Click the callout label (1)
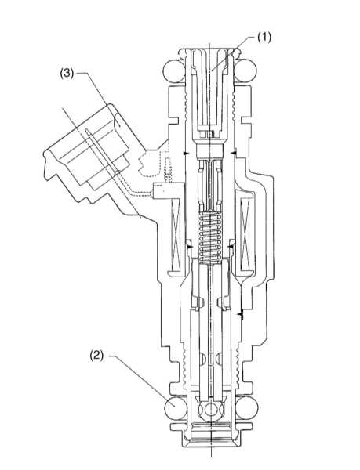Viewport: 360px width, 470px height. tap(264, 38)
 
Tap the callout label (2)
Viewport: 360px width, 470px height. tap(96, 355)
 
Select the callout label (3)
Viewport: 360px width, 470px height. tap(67, 74)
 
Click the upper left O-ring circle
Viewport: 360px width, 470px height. tap(174, 71)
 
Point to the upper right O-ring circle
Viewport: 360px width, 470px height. tap(245, 71)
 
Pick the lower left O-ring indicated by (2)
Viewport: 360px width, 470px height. tap(176, 407)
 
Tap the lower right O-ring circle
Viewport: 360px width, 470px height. tap(246, 407)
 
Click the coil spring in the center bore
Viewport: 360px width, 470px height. tap(210, 237)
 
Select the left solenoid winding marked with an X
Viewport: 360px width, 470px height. tap(176, 234)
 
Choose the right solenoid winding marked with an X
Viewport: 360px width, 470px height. tap(245, 234)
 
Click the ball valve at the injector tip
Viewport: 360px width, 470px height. tap(211, 409)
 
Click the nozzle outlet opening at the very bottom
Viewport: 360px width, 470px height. tap(212, 450)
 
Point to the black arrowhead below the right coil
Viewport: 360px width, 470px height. tap(240, 314)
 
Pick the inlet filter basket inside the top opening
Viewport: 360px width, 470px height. tap(209, 90)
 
